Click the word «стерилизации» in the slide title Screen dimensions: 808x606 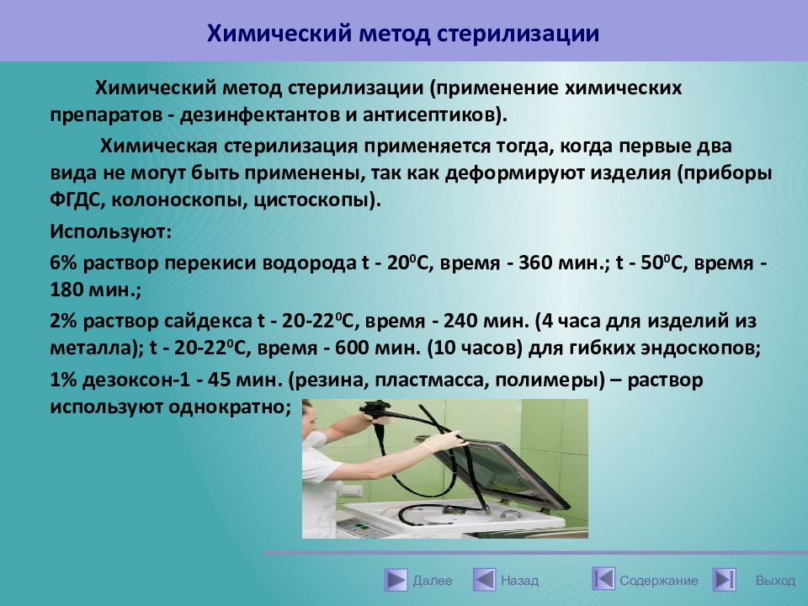click(518, 34)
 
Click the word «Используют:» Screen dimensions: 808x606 click(110, 231)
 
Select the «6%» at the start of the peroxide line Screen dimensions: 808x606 click(63, 263)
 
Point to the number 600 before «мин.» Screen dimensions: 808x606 click(353, 348)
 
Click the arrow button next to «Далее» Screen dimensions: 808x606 click(396, 580)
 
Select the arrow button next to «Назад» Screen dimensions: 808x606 click(485, 580)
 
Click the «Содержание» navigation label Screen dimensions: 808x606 click(658, 581)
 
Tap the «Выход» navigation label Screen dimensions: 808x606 click(775, 581)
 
